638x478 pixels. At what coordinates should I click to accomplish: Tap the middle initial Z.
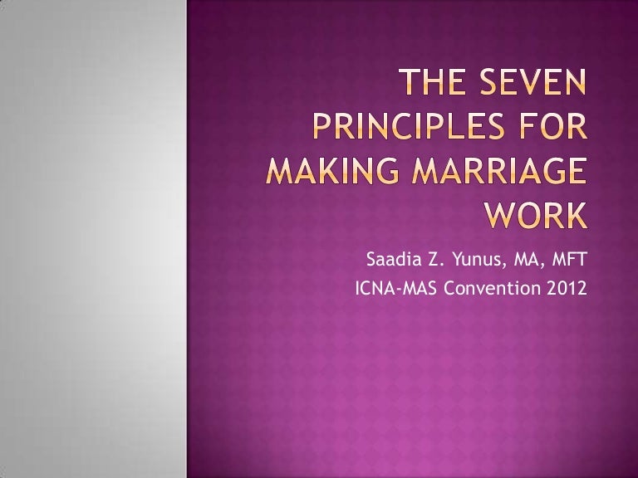[434, 264]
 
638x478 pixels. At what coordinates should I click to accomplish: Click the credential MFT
[569, 264]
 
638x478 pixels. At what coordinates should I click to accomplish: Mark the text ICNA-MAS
[393, 291]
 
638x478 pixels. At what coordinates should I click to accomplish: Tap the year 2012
[564, 291]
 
